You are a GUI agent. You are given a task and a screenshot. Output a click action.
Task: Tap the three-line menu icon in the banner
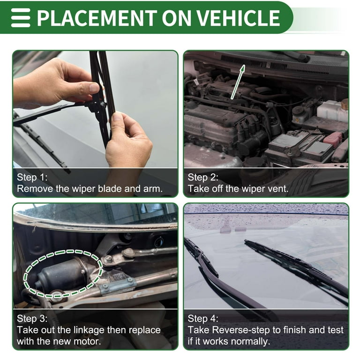point(21,18)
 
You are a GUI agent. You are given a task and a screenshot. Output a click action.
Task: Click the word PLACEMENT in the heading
point(97,18)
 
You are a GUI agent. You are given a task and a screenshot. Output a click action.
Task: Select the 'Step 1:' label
point(32,177)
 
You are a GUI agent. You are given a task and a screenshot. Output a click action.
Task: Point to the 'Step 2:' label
point(203,177)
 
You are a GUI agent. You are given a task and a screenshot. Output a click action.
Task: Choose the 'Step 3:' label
point(32,318)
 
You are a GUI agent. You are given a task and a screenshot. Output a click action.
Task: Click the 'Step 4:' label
point(203,318)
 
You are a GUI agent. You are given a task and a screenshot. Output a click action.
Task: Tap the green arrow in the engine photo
point(238,82)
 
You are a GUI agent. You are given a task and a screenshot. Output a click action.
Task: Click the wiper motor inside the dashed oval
point(61,274)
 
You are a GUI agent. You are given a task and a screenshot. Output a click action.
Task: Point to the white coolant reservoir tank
point(332,111)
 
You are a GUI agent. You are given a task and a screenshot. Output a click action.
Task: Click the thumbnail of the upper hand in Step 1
point(94,87)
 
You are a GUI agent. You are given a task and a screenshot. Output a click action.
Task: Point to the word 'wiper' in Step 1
point(84,189)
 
